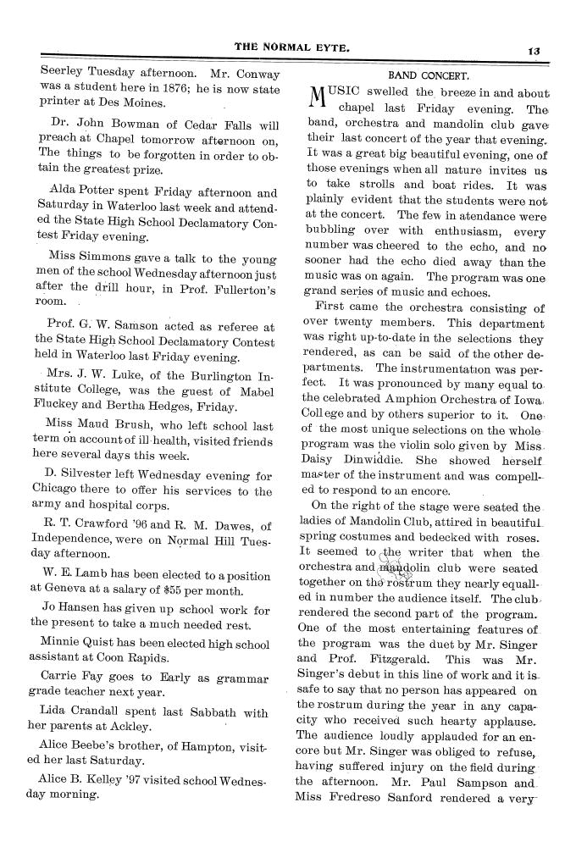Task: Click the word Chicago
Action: [x=62, y=491]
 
